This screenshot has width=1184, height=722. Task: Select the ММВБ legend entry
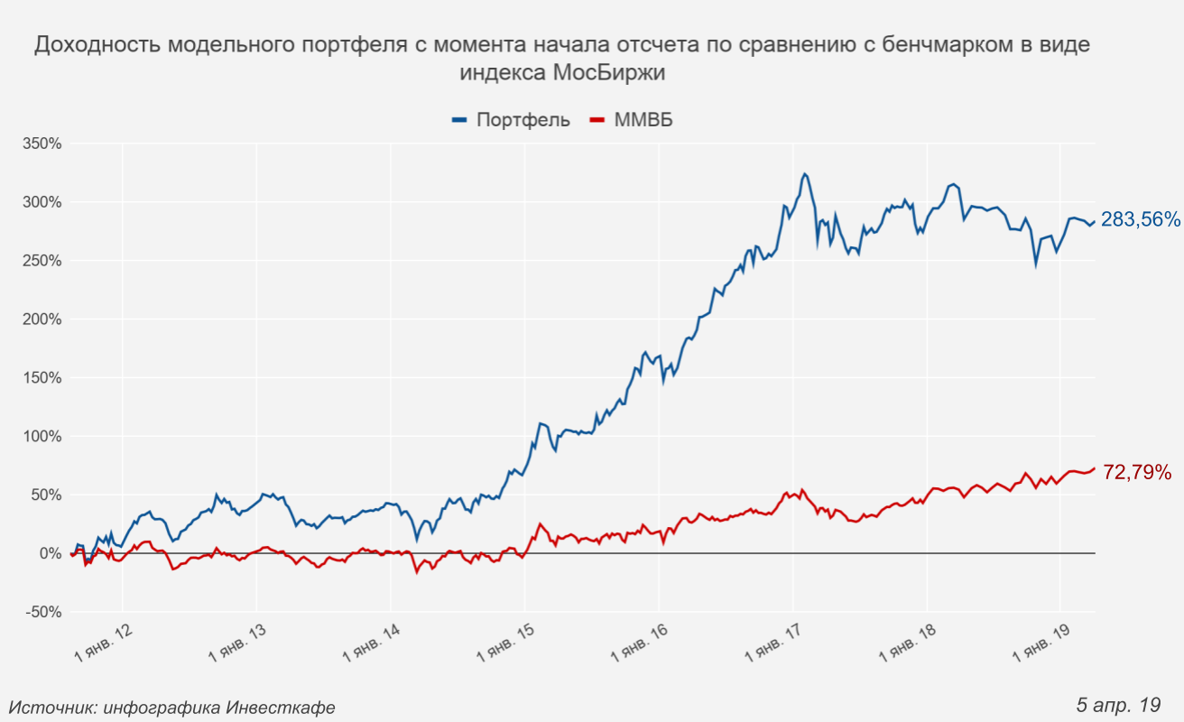click(643, 120)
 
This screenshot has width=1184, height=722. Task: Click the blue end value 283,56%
click(1140, 219)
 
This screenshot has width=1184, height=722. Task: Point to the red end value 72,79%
click(1137, 472)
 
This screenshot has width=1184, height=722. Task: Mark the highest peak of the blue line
click(805, 174)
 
